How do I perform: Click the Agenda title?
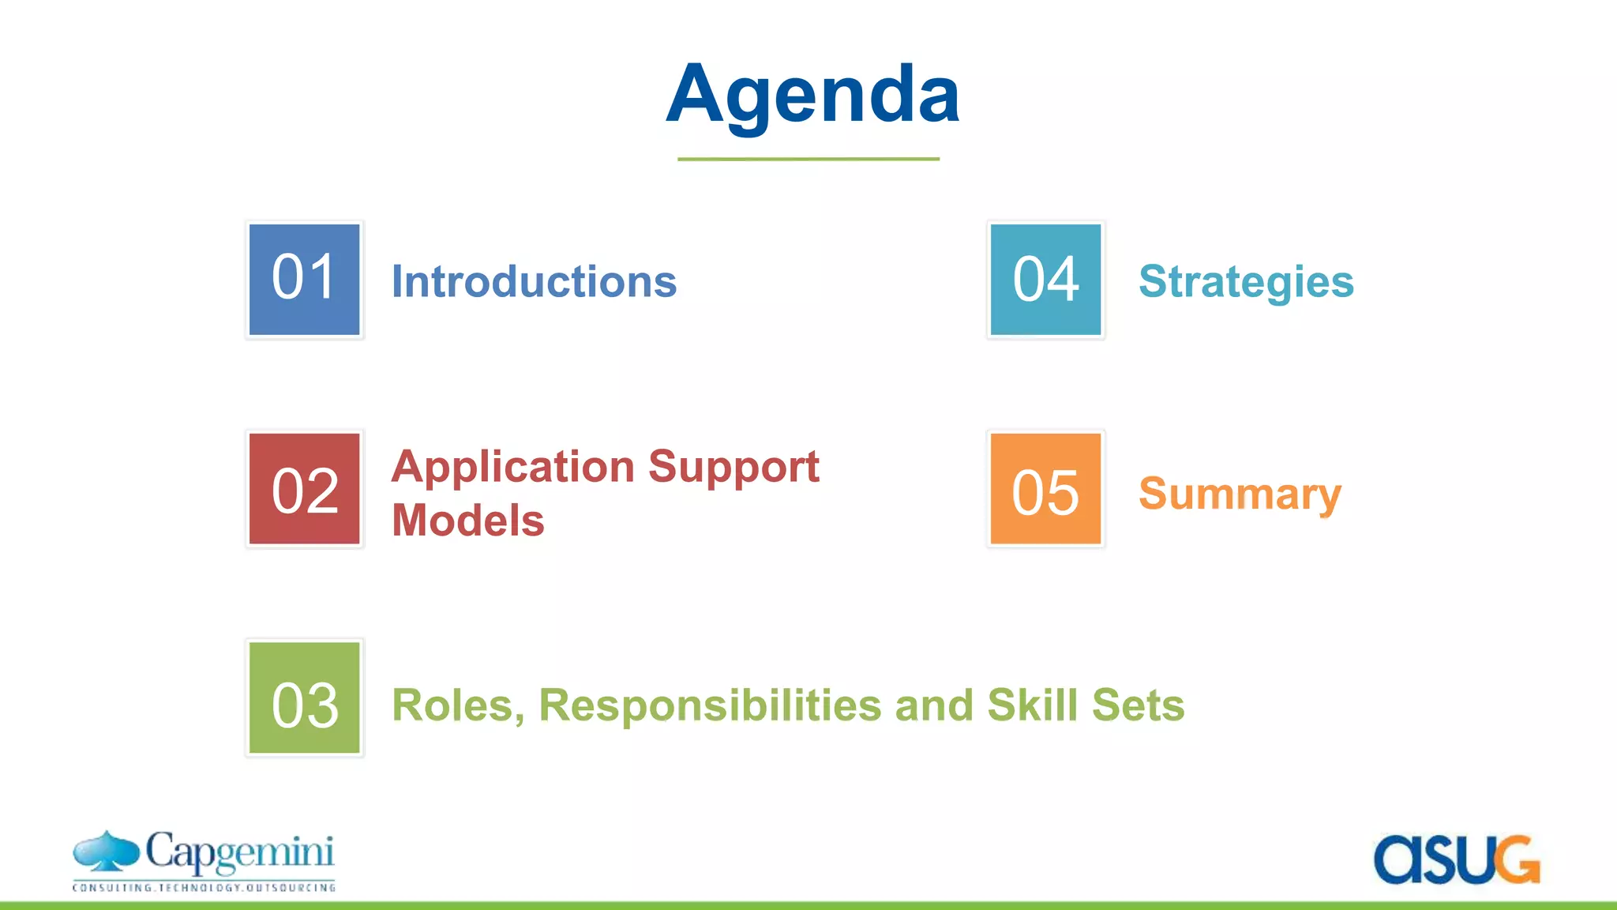[812, 95]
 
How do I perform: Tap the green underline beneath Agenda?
[808, 159]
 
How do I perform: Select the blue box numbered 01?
[304, 280]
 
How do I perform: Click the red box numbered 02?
[304, 489]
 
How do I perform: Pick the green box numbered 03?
[304, 698]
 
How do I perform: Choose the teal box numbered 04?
[1045, 280]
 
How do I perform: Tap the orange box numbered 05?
[1045, 489]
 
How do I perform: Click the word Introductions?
[534, 281]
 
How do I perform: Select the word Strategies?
[1246, 281]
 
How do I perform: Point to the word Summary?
[1240, 494]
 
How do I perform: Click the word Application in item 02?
[513, 467]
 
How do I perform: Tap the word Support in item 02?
[733, 467]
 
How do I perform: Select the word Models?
[467, 521]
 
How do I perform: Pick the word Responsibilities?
[710, 705]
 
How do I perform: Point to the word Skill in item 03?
[1032, 705]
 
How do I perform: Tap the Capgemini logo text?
[240, 853]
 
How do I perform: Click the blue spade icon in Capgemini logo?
[107, 851]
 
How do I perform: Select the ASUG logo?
[1457, 859]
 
